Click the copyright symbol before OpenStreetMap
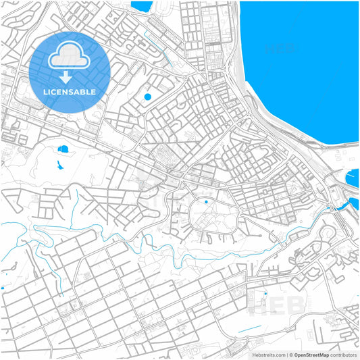(x=291, y=355)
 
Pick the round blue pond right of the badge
(x=147, y=97)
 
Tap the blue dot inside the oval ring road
(x=206, y=202)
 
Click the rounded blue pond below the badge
(x=63, y=149)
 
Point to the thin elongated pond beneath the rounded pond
(x=59, y=163)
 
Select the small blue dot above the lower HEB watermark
(x=265, y=293)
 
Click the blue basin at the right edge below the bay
(x=353, y=179)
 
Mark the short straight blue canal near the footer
(x=249, y=330)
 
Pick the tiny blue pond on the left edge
(x=2, y=288)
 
